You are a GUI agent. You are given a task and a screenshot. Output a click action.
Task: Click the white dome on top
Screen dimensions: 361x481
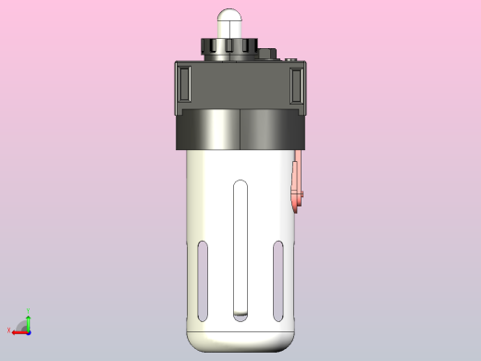[x=230, y=21]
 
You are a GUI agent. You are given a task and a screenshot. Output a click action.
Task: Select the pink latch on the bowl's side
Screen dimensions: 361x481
[x=297, y=185]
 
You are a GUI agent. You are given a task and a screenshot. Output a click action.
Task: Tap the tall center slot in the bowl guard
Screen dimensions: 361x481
[x=240, y=250]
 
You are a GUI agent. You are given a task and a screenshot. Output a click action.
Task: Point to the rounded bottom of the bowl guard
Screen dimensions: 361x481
[x=240, y=340]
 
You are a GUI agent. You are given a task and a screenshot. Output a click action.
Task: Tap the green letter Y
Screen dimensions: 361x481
[x=29, y=310]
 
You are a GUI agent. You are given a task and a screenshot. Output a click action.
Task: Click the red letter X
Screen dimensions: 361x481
[x=9, y=330]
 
